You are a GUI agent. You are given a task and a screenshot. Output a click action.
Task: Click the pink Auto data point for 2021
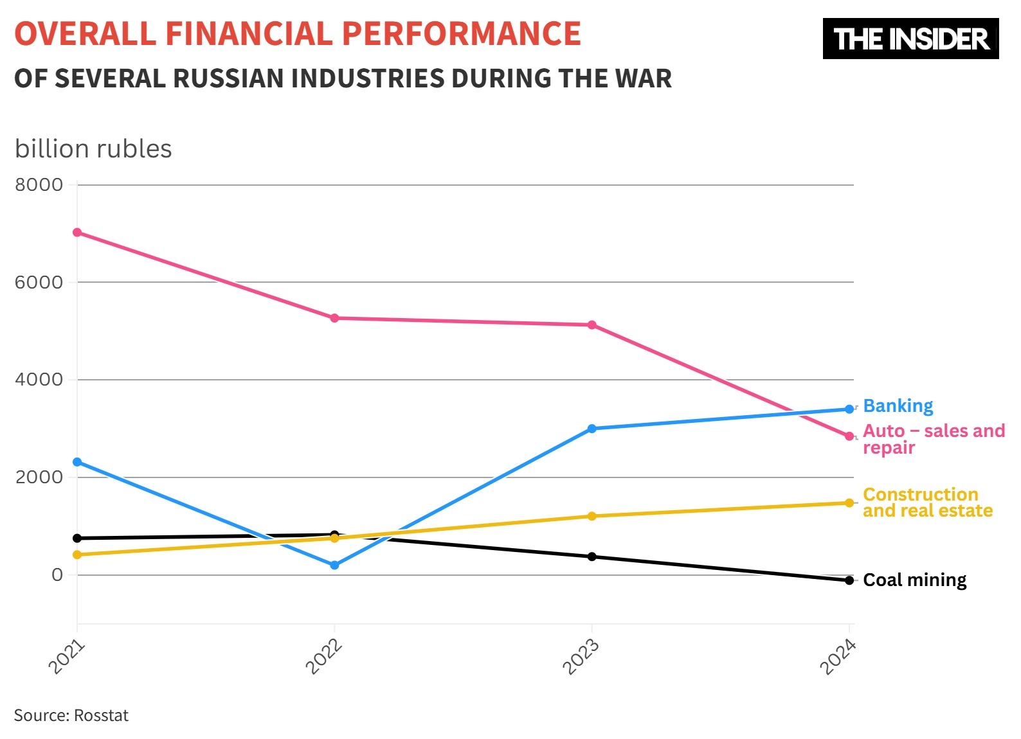(x=77, y=232)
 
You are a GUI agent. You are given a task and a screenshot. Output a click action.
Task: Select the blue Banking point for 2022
(x=334, y=565)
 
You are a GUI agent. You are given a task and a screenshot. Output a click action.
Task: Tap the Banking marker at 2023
(x=592, y=429)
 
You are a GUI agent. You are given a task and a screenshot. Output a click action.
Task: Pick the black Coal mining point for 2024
(x=849, y=580)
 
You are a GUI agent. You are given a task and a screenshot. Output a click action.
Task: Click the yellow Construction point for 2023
(x=592, y=516)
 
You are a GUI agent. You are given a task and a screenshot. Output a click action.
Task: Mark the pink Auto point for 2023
(x=592, y=325)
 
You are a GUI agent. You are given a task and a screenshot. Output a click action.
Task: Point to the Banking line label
(x=898, y=406)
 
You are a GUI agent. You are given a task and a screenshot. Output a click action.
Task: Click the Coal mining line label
(x=914, y=580)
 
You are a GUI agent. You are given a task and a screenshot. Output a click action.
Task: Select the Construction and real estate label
(x=927, y=503)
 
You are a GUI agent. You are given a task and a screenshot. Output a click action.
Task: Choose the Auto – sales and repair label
(x=933, y=439)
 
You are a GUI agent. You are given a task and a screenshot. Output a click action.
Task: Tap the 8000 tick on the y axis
(x=39, y=185)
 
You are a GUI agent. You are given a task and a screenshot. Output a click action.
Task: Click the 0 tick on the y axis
(x=57, y=574)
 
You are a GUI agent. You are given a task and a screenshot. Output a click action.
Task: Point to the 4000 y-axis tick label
(x=39, y=380)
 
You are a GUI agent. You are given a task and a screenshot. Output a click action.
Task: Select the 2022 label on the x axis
(x=323, y=657)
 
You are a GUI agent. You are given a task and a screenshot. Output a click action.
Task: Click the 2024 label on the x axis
(x=838, y=657)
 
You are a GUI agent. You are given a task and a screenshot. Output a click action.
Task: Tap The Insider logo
(x=910, y=39)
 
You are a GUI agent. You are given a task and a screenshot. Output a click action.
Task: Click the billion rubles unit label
(x=93, y=149)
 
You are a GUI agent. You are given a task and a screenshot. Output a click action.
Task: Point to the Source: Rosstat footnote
(x=71, y=715)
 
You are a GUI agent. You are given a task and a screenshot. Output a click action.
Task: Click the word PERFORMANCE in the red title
(x=461, y=34)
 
